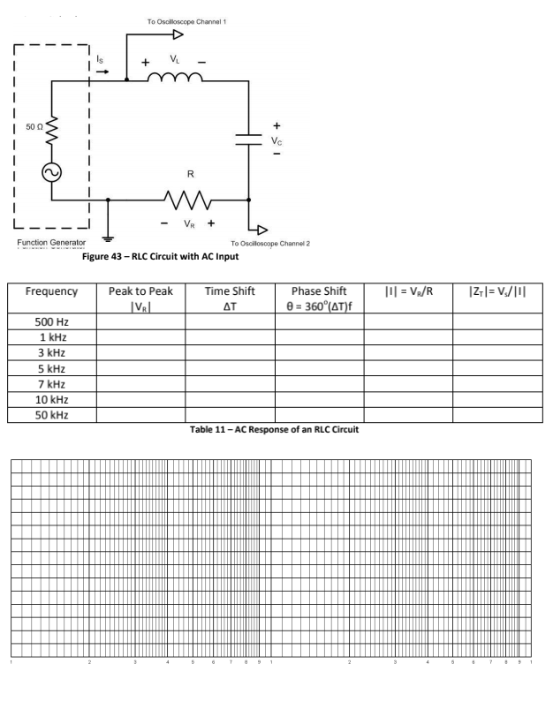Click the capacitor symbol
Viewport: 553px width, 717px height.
click(x=251, y=136)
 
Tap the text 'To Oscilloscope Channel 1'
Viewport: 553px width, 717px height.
click(x=179, y=19)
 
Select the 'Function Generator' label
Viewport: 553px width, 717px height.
click(x=50, y=242)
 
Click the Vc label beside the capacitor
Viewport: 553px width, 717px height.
click(x=277, y=139)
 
